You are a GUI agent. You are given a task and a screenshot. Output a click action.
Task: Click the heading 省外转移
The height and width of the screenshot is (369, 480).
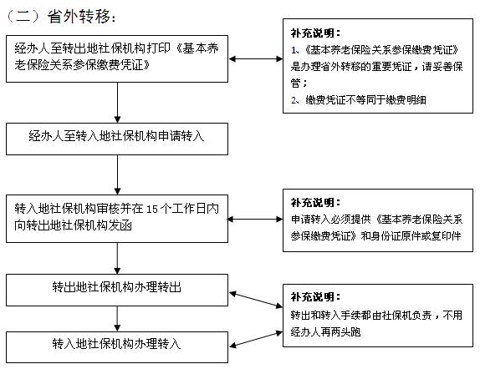point(79,16)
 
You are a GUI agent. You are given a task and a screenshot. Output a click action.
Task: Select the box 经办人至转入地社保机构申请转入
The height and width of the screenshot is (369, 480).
point(117,139)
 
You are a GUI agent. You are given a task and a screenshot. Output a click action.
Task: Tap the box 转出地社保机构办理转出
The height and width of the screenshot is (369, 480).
point(117,290)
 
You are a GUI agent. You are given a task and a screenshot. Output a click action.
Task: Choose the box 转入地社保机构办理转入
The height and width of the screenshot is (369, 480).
point(117,347)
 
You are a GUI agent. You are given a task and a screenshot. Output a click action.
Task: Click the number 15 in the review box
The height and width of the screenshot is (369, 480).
point(152,209)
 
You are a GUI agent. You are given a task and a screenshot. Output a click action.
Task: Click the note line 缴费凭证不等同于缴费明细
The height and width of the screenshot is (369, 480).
point(365,99)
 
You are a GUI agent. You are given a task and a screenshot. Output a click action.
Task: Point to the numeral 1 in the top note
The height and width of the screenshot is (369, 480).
point(294,50)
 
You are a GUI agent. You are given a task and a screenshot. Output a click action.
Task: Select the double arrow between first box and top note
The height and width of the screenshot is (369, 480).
point(256,59)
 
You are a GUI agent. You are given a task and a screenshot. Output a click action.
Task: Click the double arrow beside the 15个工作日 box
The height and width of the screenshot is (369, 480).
point(255,219)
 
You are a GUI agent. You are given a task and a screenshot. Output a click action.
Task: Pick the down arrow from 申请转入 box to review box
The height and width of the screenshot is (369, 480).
point(117,174)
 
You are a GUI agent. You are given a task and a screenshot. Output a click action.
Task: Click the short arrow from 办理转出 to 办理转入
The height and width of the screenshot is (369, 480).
point(117,319)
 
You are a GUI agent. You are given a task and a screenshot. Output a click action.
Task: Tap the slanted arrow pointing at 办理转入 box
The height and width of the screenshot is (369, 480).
point(256,339)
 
